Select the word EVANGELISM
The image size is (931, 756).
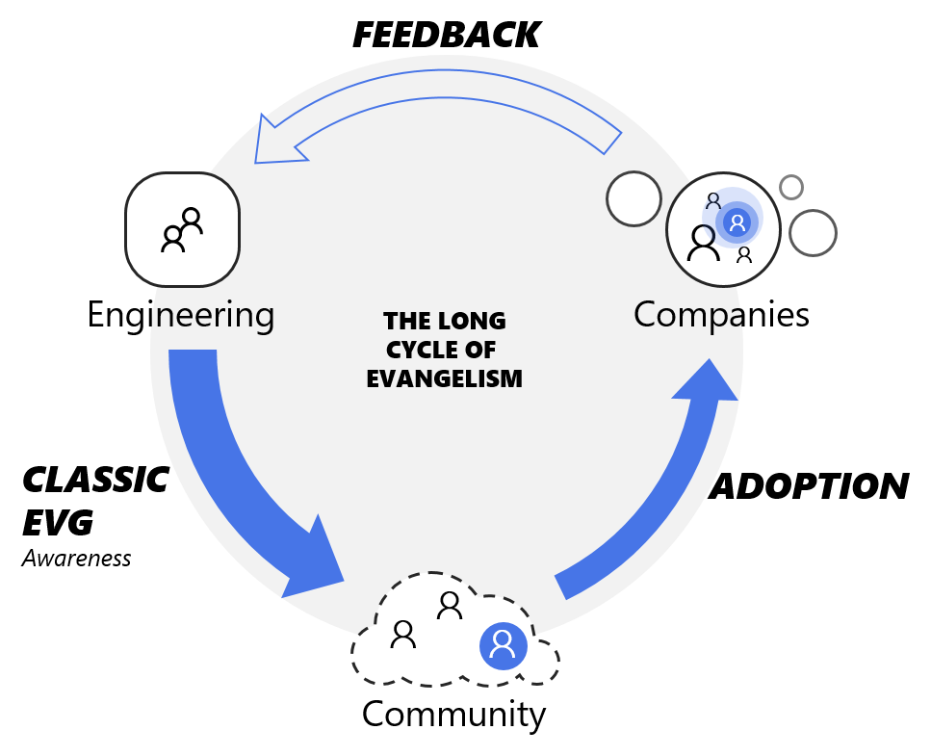click(x=444, y=378)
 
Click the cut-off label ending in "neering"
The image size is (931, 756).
click(x=213, y=315)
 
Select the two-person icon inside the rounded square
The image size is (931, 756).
click(x=182, y=229)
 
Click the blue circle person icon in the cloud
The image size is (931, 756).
click(x=504, y=645)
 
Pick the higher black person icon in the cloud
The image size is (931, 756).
click(x=450, y=605)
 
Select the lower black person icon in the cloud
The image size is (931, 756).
click(x=403, y=634)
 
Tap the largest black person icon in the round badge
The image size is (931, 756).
click(x=703, y=243)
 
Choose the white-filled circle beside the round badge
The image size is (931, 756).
click(x=634, y=199)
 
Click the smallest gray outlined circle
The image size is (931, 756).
click(x=791, y=187)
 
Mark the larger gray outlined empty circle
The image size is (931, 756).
click(x=813, y=233)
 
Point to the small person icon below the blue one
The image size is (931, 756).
click(x=744, y=255)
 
